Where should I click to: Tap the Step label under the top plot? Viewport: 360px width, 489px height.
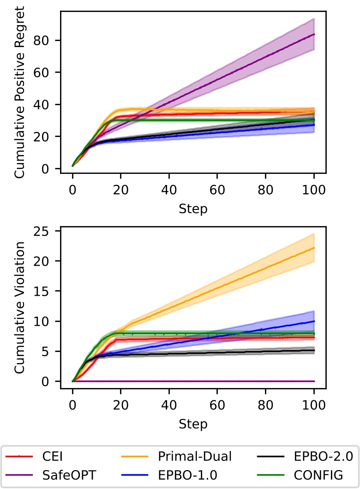(x=193, y=209)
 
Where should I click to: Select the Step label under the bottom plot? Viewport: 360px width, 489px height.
(x=193, y=423)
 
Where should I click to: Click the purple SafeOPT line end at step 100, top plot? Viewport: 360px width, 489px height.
(x=314, y=34)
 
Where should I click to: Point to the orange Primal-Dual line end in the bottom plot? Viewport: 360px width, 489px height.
(x=314, y=248)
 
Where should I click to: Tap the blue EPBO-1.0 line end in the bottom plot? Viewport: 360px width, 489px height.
(x=314, y=321)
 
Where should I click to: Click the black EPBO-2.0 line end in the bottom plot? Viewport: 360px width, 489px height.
(x=314, y=350)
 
